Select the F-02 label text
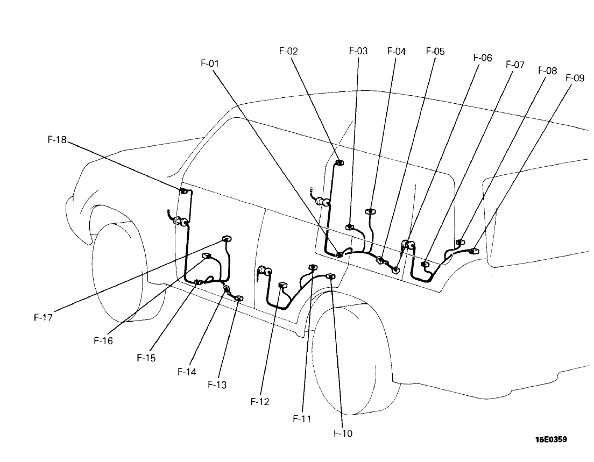pyautogui.click(x=289, y=52)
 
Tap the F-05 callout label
pyautogui.click(x=435, y=52)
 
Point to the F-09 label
pyautogui.click(x=575, y=78)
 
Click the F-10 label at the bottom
pyautogui.click(x=342, y=433)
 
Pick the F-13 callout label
pyautogui.click(x=217, y=385)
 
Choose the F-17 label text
pyautogui.click(x=43, y=317)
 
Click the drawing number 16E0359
pyautogui.click(x=550, y=439)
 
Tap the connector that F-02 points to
pyautogui.click(x=339, y=163)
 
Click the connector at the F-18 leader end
pyautogui.click(x=183, y=191)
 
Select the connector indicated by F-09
pyautogui.click(x=474, y=251)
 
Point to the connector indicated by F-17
pyautogui.click(x=227, y=239)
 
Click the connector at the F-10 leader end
pyautogui.click(x=330, y=276)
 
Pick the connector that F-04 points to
pyautogui.click(x=369, y=211)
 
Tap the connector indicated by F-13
pyautogui.click(x=239, y=298)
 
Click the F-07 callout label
pyautogui.click(x=515, y=65)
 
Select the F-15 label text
pyautogui.click(x=146, y=358)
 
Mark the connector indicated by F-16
pyautogui.click(x=206, y=256)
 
